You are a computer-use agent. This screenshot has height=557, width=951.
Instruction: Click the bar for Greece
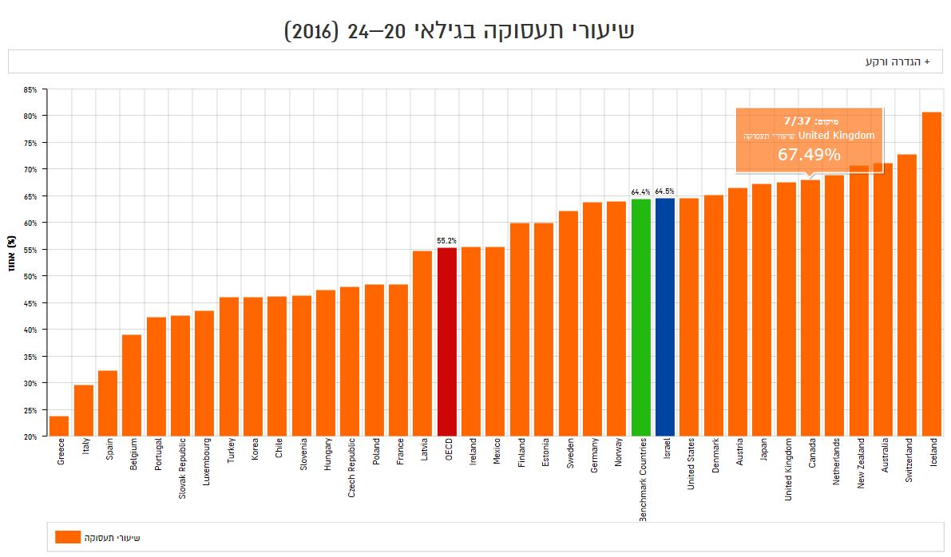click(59, 426)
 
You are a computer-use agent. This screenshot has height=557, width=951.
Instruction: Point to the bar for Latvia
click(422, 343)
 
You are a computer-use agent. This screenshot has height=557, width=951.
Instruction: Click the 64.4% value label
click(640, 192)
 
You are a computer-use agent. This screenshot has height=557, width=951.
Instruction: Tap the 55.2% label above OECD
click(447, 240)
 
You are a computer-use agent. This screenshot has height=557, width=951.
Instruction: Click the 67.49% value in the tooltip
click(809, 155)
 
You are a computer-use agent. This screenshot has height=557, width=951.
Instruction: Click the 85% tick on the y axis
click(30, 89)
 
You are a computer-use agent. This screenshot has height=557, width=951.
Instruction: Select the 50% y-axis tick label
click(30, 276)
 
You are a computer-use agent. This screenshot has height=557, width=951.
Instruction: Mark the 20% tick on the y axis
click(30, 437)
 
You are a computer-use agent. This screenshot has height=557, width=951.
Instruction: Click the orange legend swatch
click(68, 537)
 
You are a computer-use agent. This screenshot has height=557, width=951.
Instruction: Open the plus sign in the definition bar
click(927, 61)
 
